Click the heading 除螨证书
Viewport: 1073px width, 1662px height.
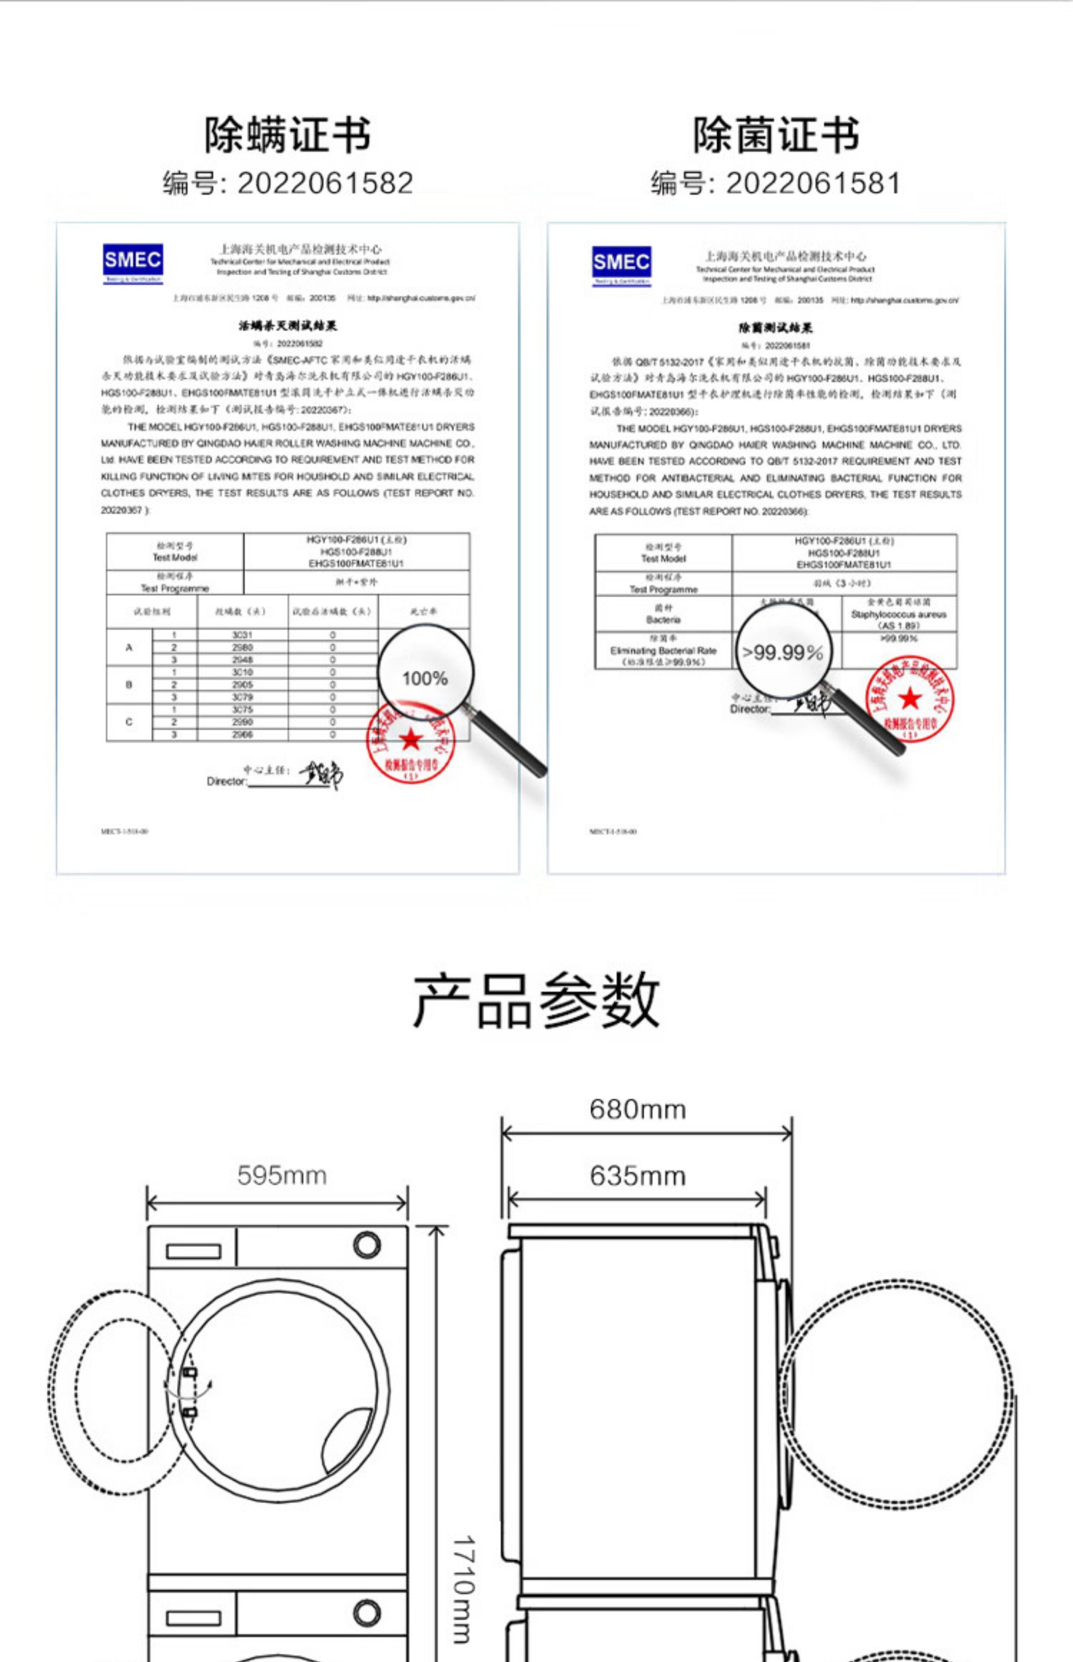pos(287,135)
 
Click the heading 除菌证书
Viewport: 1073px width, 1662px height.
pos(775,135)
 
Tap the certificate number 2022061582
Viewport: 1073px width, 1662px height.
pos(325,183)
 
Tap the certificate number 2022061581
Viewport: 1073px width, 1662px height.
pos(813,183)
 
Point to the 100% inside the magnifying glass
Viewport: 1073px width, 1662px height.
pos(424,678)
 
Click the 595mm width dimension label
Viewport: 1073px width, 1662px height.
pos(282,1175)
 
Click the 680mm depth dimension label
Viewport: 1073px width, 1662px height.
pos(638,1109)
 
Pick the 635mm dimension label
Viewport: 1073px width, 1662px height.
pos(638,1176)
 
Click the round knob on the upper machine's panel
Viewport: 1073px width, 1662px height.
pos(366,1245)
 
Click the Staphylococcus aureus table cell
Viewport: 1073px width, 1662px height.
pos(898,614)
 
